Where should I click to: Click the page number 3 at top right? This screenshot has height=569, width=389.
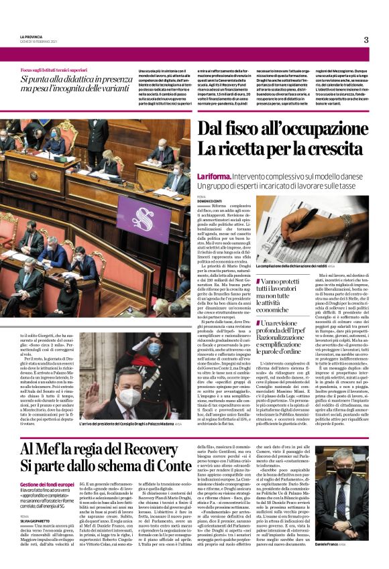pyautogui.click(x=366, y=40)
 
